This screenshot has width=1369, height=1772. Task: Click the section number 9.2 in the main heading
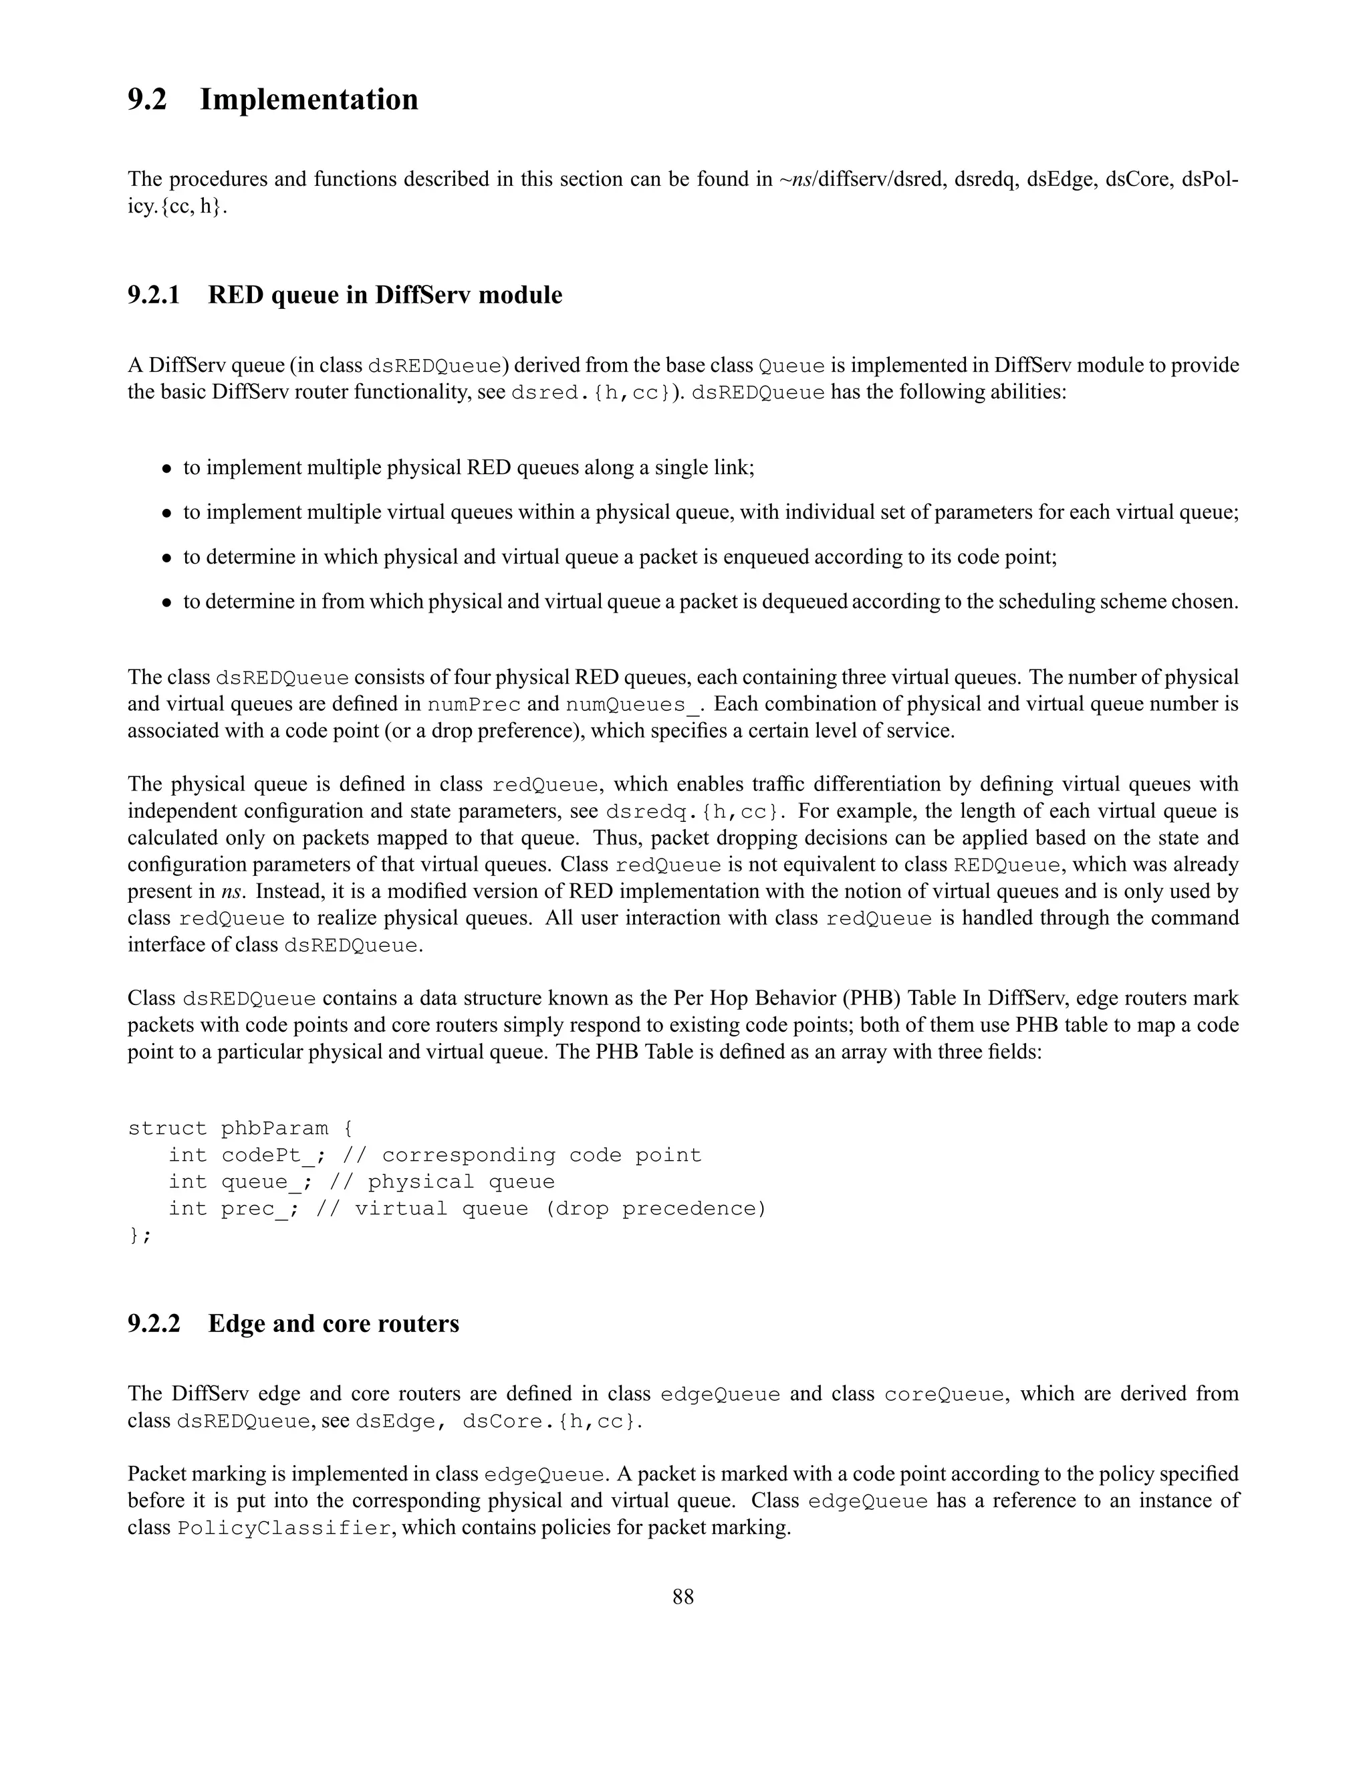pyautogui.click(x=147, y=100)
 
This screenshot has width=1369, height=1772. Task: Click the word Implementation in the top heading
pyautogui.click(x=309, y=100)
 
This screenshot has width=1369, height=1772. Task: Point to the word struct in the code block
pyautogui.click(x=168, y=1129)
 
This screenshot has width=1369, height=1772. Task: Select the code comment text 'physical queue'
pyautogui.click(x=461, y=1182)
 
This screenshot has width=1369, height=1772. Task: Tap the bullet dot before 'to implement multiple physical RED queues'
pyautogui.click(x=166, y=469)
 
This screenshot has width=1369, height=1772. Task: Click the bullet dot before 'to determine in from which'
pyautogui.click(x=166, y=603)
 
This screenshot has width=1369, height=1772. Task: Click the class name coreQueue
pyautogui.click(x=944, y=1395)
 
